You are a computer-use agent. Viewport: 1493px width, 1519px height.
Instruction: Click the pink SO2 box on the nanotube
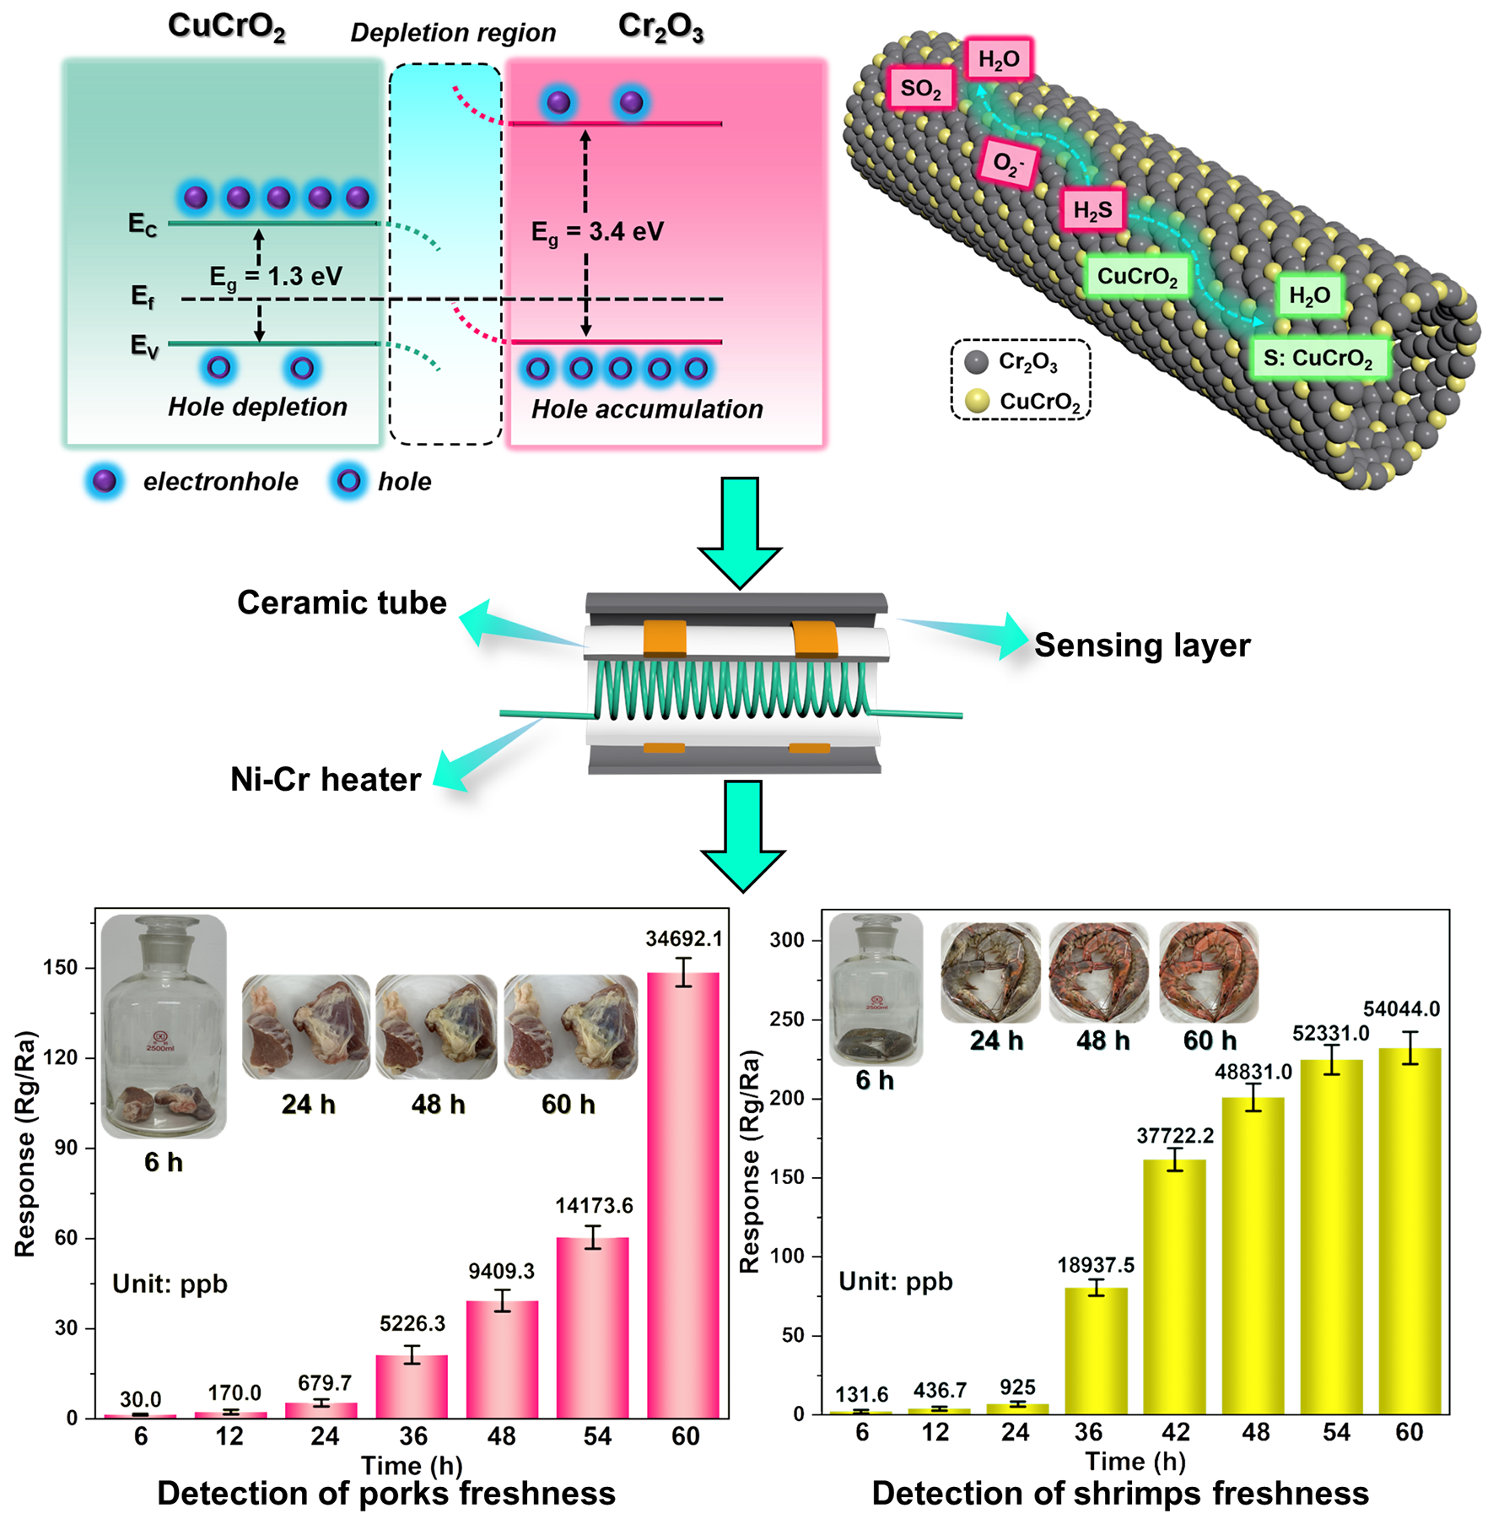[920, 88]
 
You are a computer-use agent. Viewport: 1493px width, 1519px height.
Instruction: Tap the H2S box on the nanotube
[1092, 209]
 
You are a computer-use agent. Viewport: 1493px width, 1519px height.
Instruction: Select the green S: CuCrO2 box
[1318, 358]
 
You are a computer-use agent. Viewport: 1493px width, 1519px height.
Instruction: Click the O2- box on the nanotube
[1007, 162]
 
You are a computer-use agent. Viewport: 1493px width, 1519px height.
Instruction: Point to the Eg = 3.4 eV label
[597, 232]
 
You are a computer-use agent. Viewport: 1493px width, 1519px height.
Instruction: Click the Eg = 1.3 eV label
[276, 276]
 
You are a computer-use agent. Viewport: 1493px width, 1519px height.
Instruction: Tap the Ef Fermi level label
[143, 297]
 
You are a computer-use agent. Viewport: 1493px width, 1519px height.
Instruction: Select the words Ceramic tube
[342, 603]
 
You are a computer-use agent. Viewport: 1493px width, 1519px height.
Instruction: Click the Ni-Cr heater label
[326, 779]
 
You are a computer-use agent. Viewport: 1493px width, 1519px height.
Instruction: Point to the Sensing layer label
[1142, 645]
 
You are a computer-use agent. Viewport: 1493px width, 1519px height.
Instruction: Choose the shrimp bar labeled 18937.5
[1096, 1350]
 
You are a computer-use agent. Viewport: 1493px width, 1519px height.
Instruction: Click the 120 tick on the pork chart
[61, 1057]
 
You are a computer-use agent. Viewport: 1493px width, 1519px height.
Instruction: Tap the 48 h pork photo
[436, 1027]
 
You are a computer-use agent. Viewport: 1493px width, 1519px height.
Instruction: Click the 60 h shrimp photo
[1209, 972]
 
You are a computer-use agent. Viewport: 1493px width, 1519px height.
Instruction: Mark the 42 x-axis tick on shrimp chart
[1175, 1432]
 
